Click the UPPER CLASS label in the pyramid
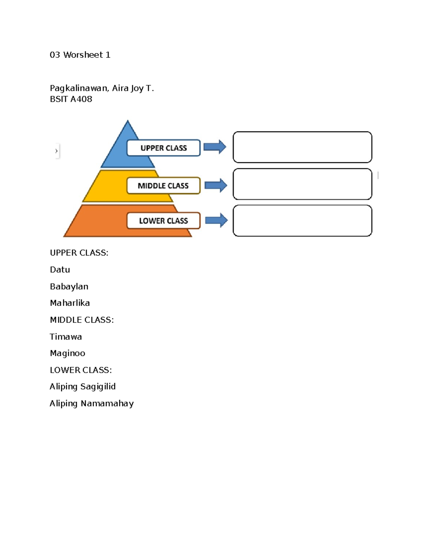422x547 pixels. (x=164, y=148)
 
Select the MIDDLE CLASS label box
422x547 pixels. (x=163, y=186)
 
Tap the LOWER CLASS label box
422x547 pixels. (x=164, y=221)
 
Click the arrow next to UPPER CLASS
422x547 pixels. (x=215, y=147)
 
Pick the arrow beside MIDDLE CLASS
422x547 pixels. (x=216, y=185)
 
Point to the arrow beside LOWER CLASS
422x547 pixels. (x=216, y=220)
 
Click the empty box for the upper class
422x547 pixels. (x=302, y=147)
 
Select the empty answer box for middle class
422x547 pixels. (x=302, y=184)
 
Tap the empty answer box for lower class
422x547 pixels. (x=302, y=221)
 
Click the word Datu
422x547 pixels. (x=60, y=270)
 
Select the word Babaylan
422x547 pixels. (x=69, y=286)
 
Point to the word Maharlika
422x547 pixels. (x=70, y=303)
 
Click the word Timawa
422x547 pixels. (x=66, y=337)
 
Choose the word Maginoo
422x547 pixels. (x=68, y=353)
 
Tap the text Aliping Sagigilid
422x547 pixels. (x=83, y=387)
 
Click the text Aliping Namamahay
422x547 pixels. (x=91, y=404)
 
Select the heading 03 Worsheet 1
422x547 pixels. (x=80, y=55)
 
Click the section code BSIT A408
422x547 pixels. (x=71, y=99)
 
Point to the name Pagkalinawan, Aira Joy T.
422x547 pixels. (x=102, y=88)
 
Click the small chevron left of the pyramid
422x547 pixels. (x=56, y=151)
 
